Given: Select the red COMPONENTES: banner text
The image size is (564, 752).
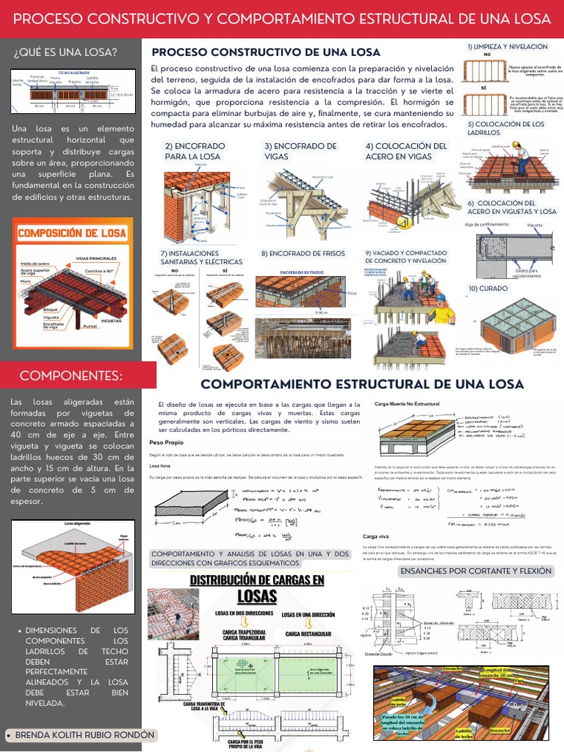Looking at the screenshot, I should coord(71,376).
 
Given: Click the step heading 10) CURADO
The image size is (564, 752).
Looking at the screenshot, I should coord(488,289).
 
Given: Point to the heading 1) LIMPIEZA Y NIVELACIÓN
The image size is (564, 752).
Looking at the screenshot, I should coord(507,46).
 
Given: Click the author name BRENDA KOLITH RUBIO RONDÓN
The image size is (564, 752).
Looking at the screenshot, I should coord(84,734).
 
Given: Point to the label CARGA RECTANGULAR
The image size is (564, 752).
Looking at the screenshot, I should coord(308,634).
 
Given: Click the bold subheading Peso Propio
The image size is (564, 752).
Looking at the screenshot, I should coord(166,444).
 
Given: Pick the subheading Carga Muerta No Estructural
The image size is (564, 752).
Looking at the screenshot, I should coord(406,404).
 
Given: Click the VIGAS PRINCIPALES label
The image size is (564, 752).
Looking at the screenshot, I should coord(95,258).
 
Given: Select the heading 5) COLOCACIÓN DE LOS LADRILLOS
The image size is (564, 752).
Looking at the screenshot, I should coord(506,128).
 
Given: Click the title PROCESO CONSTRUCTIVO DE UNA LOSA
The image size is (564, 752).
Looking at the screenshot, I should coord(266,52).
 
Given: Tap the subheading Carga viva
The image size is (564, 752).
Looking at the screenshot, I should coord(375,537).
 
